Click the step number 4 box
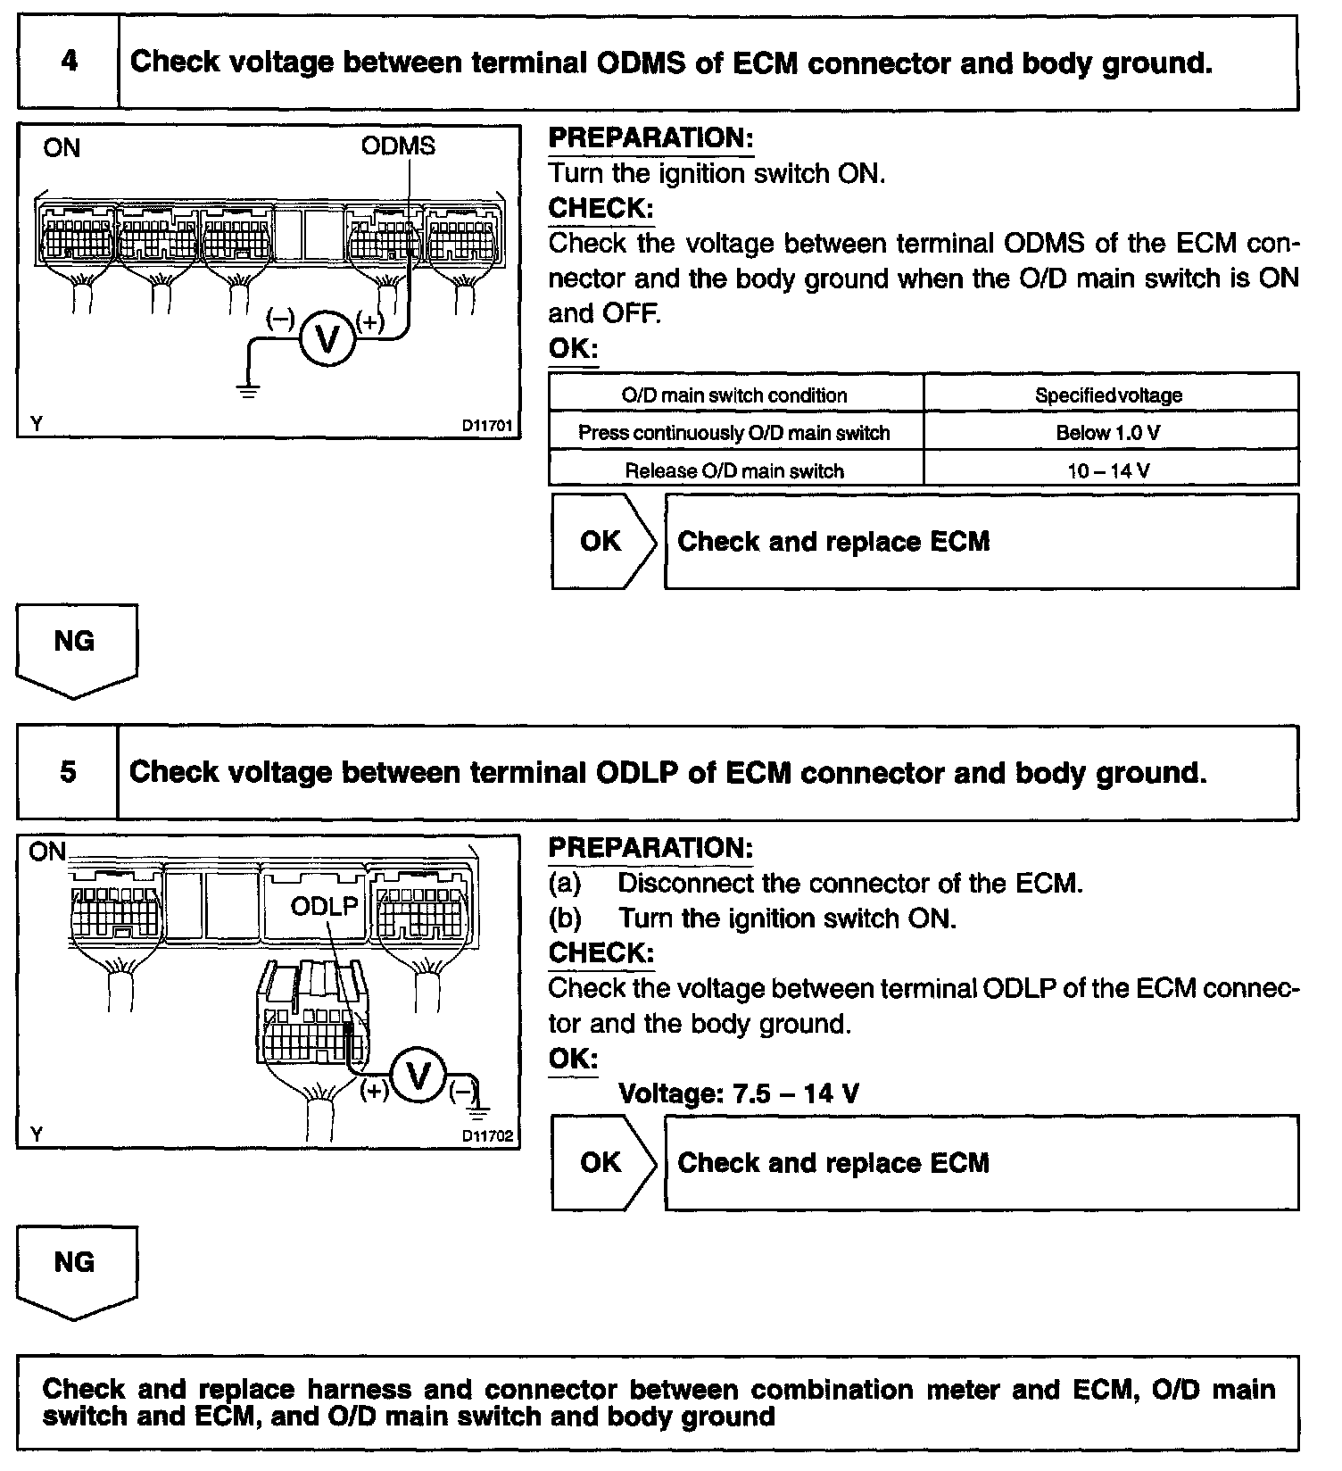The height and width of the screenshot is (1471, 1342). [x=69, y=62]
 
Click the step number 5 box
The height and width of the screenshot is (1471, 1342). [x=68, y=772]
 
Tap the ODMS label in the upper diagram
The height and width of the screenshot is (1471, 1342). [x=398, y=146]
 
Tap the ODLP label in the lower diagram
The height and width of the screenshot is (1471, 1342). [x=325, y=907]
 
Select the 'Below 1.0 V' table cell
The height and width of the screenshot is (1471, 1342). [x=1109, y=433]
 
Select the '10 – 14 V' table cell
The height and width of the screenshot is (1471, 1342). [x=1109, y=470]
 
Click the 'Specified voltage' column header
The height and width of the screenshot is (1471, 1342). [x=1109, y=395]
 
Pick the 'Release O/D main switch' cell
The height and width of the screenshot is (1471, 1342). [x=734, y=470]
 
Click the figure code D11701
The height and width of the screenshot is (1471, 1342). [x=487, y=426]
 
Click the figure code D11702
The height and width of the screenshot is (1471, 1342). [x=487, y=1136]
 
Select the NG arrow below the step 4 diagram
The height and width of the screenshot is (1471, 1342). [x=76, y=647]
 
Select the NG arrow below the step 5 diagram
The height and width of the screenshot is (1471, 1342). [x=76, y=1268]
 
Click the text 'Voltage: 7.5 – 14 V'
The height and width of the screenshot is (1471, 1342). [x=739, y=1093]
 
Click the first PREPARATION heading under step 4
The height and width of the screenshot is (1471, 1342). [x=650, y=138]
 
